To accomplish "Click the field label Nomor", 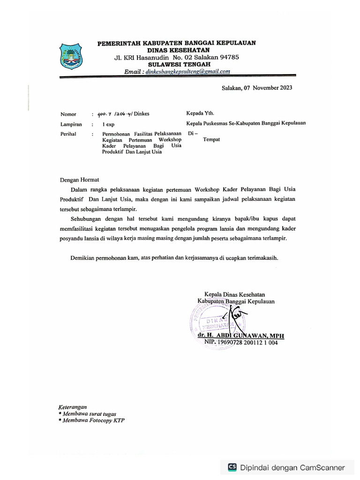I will (68, 114).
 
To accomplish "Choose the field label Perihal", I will (68, 134).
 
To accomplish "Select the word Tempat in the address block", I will (211, 139).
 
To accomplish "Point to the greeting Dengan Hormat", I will (79, 180).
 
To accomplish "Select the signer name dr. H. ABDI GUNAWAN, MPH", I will (240, 336).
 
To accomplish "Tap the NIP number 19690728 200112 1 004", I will (248, 343).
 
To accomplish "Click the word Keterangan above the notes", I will (73, 407).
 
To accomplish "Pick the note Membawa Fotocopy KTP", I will (93, 420).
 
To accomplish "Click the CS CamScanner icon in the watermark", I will (232, 467).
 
